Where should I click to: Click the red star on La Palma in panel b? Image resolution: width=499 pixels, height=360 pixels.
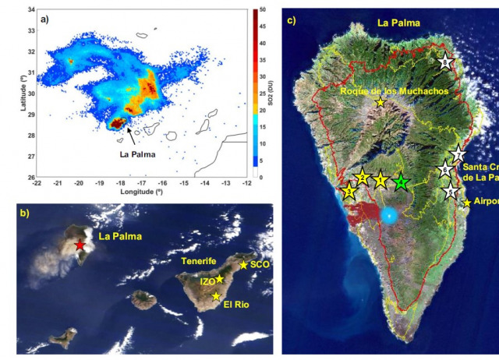click(x=79, y=245)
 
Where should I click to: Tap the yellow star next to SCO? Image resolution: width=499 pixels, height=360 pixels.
click(x=244, y=266)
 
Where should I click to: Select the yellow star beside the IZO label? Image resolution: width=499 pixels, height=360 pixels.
click(x=220, y=279)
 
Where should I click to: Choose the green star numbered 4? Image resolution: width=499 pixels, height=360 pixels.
click(x=400, y=182)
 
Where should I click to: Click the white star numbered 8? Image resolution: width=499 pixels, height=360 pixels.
click(x=445, y=62)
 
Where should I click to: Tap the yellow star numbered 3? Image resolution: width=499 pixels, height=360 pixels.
click(x=349, y=192)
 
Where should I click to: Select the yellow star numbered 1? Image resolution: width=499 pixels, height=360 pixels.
click(x=380, y=180)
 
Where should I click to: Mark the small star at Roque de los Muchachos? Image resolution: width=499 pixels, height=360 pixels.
click(x=380, y=103)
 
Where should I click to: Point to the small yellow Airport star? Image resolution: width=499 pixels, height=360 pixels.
click(x=467, y=203)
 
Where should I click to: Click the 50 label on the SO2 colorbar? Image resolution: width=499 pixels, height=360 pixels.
click(x=265, y=11)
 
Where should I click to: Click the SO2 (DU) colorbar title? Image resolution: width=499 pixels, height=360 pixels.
click(x=277, y=94)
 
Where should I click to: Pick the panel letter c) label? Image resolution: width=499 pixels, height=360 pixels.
click(x=292, y=19)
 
